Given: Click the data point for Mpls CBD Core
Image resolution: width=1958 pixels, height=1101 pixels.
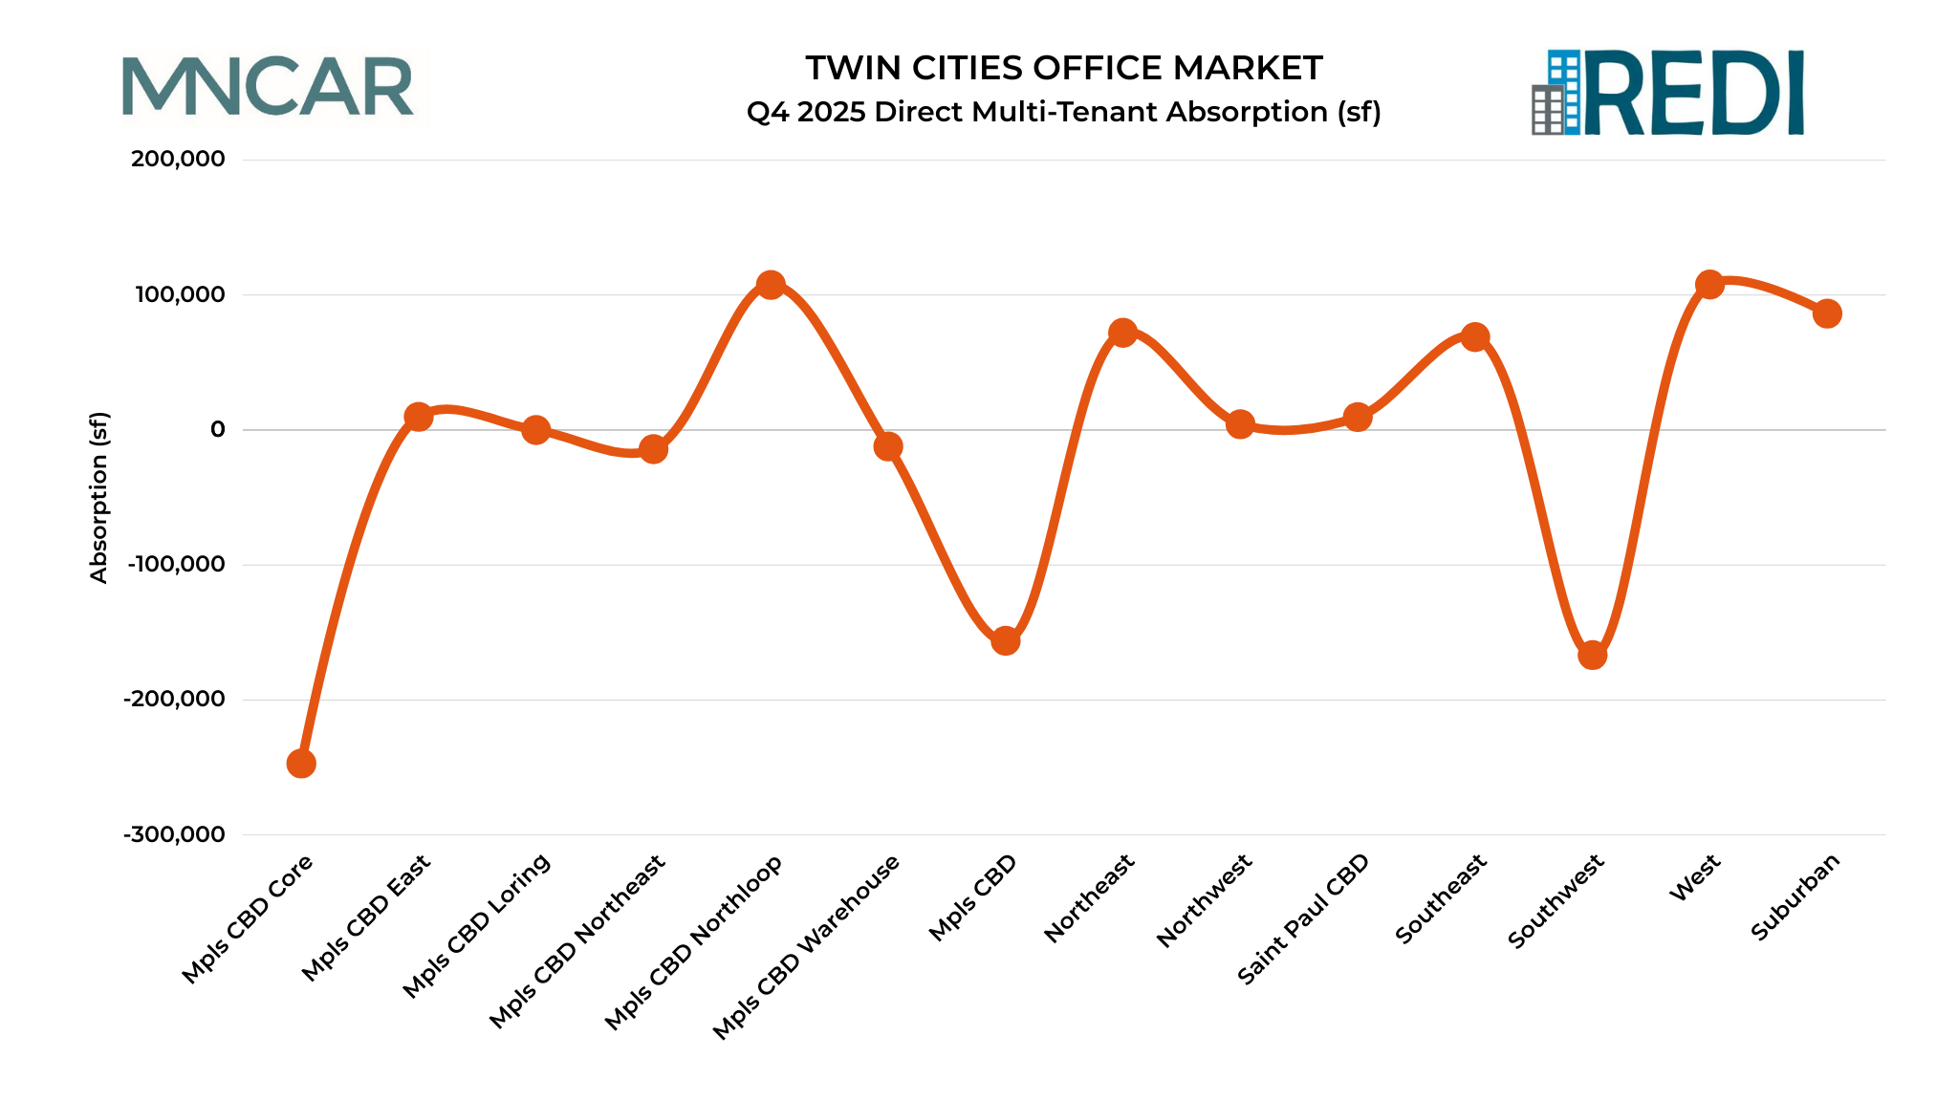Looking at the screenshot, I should click(x=301, y=763).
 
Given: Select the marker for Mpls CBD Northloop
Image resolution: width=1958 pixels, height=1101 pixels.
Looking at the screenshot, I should click(x=771, y=285).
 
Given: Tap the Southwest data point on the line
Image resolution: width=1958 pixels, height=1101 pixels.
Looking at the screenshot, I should click(x=1592, y=655).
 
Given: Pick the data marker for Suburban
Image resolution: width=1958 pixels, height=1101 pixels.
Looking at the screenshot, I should click(x=1827, y=313).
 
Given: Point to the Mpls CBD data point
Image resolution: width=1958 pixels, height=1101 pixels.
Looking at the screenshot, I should click(x=1006, y=640).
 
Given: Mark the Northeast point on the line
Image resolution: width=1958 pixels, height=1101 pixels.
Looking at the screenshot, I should click(x=1123, y=333).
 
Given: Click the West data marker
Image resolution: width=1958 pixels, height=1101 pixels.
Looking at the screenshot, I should click(x=1709, y=285).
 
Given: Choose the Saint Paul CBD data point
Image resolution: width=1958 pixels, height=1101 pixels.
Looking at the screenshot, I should click(x=1358, y=417).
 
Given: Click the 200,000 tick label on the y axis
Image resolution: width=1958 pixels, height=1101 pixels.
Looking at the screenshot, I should click(x=178, y=160).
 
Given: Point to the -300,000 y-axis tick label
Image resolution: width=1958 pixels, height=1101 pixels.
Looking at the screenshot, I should click(x=174, y=834).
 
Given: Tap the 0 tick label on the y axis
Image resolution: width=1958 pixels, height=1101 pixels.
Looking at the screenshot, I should click(x=218, y=429).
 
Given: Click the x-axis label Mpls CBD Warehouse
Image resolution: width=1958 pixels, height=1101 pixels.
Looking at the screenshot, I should click(x=807, y=945).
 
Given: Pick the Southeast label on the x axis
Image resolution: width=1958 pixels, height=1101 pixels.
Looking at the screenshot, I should click(x=1441, y=898).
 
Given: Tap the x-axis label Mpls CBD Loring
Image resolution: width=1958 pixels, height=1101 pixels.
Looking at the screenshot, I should click(x=477, y=924).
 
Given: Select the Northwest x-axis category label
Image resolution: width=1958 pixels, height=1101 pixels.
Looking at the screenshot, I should click(x=1205, y=900).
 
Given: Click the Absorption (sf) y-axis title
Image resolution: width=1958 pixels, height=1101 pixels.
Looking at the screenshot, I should click(x=99, y=497).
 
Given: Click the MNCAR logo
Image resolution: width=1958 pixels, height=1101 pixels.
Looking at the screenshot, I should click(x=269, y=87).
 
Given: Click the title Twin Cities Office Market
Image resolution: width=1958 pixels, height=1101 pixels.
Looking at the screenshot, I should click(x=1063, y=69).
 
